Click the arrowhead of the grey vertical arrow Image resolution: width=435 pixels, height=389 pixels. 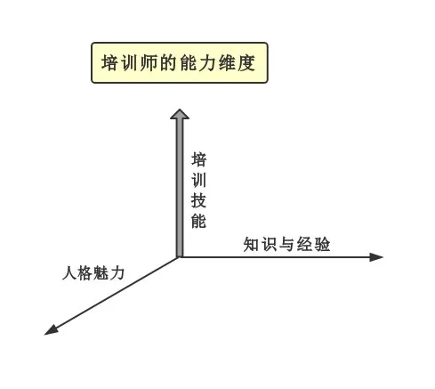pyautogui.click(x=180, y=114)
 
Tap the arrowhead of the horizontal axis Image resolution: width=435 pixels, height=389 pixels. pyautogui.click(x=376, y=257)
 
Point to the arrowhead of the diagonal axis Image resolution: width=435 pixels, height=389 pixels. pyautogui.click(x=51, y=330)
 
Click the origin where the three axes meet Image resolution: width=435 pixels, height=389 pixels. pyautogui.click(x=180, y=257)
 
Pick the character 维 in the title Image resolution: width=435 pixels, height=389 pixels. pyautogui.click(x=227, y=63)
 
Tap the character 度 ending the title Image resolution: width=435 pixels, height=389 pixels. pyautogui.click(x=246, y=63)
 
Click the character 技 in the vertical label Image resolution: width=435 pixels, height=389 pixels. pyautogui.click(x=198, y=200)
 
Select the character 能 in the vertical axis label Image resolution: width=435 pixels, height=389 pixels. pyautogui.click(x=198, y=221)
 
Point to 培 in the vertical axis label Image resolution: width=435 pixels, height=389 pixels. pyautogui.click(x=198, y=159)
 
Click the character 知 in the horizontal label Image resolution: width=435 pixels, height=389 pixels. pyautogui.click(x=251, y=245)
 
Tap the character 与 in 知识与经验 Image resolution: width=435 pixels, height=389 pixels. pyautogui.click(x=286, y=245)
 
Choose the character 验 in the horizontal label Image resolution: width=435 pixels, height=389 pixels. pyautogui.click(x=323, y=245)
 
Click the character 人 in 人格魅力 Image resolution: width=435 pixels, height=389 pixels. pyautogui.click(x=69, y=273)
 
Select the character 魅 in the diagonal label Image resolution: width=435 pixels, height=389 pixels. pyautogui.click(x=101, y=273)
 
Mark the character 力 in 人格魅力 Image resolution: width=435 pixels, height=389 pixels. pyautogui.click(x=117, y=273)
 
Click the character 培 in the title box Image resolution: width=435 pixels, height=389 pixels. pyautogui.click(x=109, y=63)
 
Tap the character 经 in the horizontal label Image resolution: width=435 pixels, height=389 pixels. pyautogui.click(x=304, y=245)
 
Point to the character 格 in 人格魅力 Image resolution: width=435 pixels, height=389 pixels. pyautogui.click(x=85, y=273)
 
